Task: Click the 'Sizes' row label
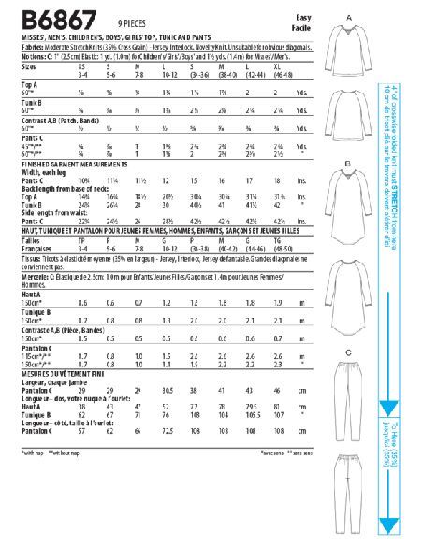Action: click(29, 67)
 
